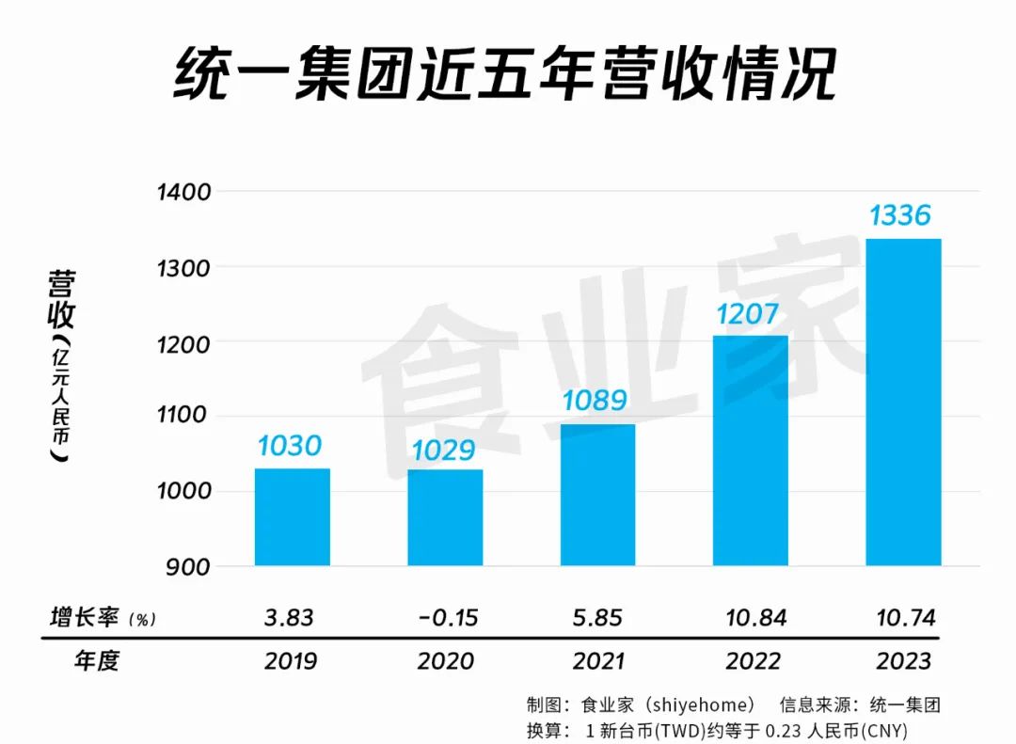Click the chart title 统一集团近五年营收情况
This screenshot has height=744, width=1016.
pyautogui.click(x=505, y=75)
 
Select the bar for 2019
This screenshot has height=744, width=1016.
pyautogui.click(x=292, y=516)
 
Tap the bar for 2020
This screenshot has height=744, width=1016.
pyautogui.click(x=445, y=517)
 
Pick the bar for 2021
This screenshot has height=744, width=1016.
pyautogui.click(x=597, y=495)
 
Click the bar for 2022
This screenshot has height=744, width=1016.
pyautogui.click(x=751, y=451)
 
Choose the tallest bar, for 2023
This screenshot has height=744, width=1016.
pyautogui.click(x=903, y=403)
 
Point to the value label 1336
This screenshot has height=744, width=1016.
pyautogui.click(x=900, y=215)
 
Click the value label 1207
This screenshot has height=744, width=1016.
pyautogui.click(x=748, y=312)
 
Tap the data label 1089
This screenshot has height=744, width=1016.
pyautogui.click(x=595, y=400)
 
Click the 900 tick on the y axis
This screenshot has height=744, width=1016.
pyautogui.click(x=191, y=566)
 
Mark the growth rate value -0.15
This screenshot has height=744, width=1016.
pyautogui.click(x=447, y=617)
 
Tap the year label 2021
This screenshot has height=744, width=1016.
pyautogui.click(x=599, y=661)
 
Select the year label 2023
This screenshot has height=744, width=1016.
pyautogui.click(x=903, y=661)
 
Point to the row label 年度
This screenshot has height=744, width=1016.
pyautogui.click(x=97, y=661)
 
